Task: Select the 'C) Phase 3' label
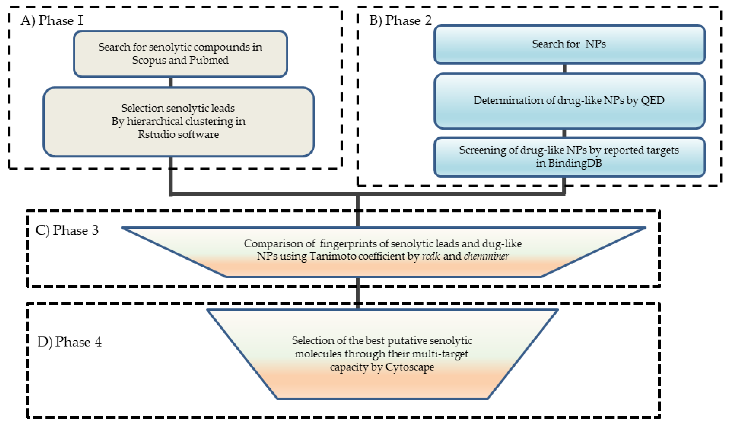click(x=67, y=231)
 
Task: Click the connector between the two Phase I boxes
click(x=171, y=82)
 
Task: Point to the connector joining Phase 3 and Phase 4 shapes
click(x=358, y=293)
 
